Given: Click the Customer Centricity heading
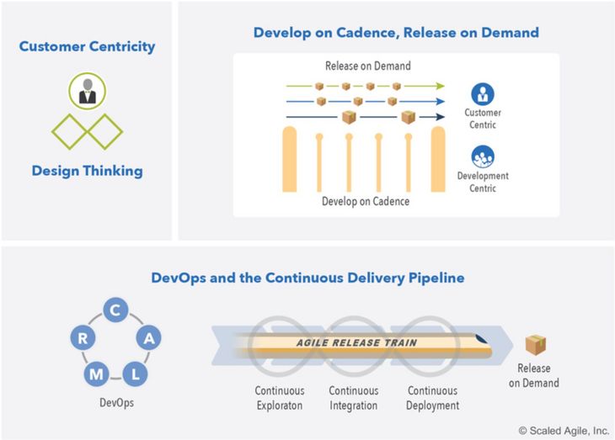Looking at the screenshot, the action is pyautogui.click(x=87, y=46).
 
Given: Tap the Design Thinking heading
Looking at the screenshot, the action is pyautogui.click(x=87, y=171).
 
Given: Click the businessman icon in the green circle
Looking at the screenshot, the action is pyautogui.click(x=88, y=91).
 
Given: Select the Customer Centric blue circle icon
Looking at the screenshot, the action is pyautogui.click(x=483, y=94).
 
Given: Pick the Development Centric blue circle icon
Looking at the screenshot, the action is pyautogui.click(x=483, y=156).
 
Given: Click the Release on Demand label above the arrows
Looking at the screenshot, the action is pyautogui.click(x=368, y=66).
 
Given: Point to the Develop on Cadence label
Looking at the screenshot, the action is pyautogui.click(x=366, y=201).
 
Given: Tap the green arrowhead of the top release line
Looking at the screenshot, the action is pyautogui.click(x=440, y=86).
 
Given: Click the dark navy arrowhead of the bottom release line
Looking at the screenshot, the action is pyautogui.click(x=440, y=117).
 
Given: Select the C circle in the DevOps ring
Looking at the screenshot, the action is pyautogui.click(x=115, y=310).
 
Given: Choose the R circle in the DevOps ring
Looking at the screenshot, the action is pyautogui.click(x=83, y=337).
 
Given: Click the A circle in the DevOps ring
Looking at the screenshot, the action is pyautogui.click(x=148, y=337).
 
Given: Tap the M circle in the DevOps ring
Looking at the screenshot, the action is pyautogui.click(x=96, y=374).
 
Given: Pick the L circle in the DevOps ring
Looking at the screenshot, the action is pyautogui.click(x=135, y=374).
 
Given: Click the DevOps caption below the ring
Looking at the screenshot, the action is pyautogui.click(x=116, y=403).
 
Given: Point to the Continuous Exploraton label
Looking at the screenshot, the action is pyautogui.click(x=280, y=398).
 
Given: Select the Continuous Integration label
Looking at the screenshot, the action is pyautogui.click(x=353, y=398).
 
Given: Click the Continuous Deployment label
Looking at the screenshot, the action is pyautogui.click(x=433, y=398).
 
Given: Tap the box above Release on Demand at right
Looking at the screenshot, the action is pyautogui.click(x=535, y=345).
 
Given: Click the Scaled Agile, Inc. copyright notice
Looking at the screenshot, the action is pyautogui.click(x=564, y=431).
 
